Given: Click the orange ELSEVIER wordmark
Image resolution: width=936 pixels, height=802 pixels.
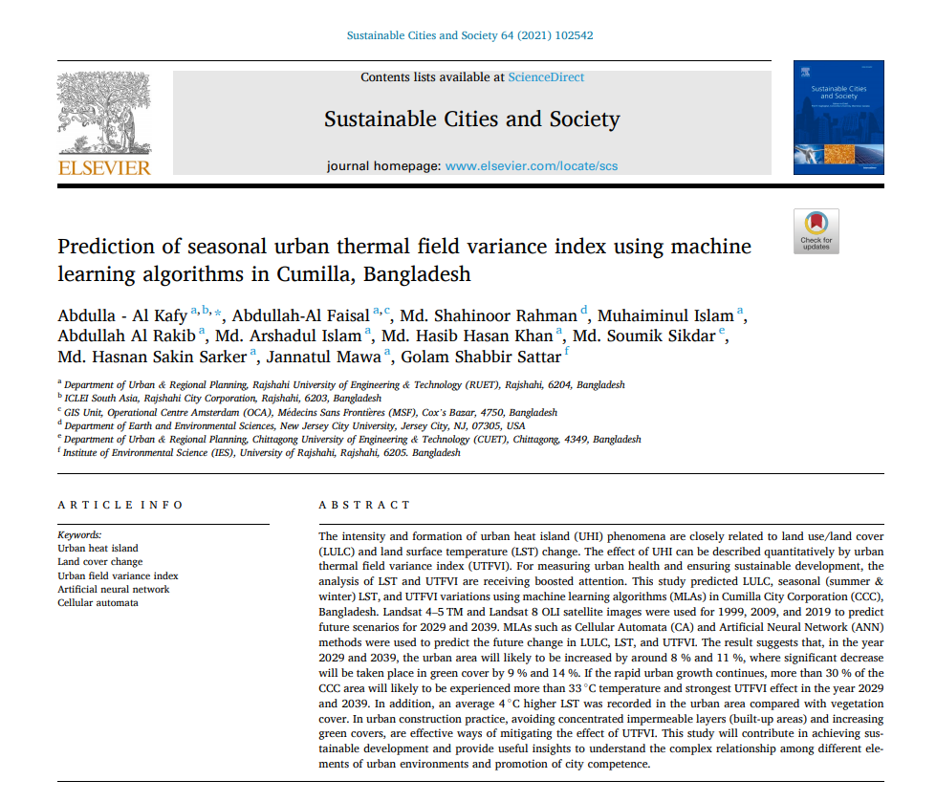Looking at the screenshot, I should [x=104, y=168].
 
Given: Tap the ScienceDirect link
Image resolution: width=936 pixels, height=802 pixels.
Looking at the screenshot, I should [x=546, y=77].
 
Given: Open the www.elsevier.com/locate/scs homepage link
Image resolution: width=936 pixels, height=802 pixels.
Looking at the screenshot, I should [x=532, y=165].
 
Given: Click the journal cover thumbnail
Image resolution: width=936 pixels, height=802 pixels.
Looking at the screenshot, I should [x=838, y=118].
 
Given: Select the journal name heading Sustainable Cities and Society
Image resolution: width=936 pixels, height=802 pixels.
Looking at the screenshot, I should [x=471, y=119].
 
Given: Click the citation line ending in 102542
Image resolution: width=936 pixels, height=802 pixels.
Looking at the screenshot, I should [x=469, y=36].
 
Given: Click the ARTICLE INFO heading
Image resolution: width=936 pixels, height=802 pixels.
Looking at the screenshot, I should [x=120, y=505].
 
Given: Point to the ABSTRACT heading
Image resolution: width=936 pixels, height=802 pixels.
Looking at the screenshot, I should [x=364, y=505].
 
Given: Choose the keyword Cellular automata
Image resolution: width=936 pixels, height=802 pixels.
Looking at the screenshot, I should [x=98, y=603].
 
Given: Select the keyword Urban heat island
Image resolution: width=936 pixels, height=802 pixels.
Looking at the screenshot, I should [x=98, y=549].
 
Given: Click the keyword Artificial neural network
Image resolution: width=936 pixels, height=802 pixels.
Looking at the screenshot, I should [x=114, y=590].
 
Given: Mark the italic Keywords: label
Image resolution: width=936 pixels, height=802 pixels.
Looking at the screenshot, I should [x=79, y=535].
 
